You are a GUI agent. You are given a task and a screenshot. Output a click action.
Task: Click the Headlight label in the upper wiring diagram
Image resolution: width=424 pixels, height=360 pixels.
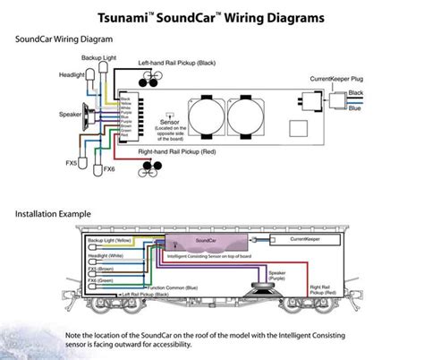[x=47, y=74]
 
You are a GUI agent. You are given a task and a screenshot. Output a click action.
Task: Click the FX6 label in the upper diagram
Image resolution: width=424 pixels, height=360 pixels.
[x=109, y=169]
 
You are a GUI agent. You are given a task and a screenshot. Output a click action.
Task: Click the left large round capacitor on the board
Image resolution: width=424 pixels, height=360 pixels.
[x=210, y=116]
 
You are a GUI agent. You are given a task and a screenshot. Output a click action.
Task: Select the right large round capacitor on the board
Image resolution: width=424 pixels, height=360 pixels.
[x=250, y=116]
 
